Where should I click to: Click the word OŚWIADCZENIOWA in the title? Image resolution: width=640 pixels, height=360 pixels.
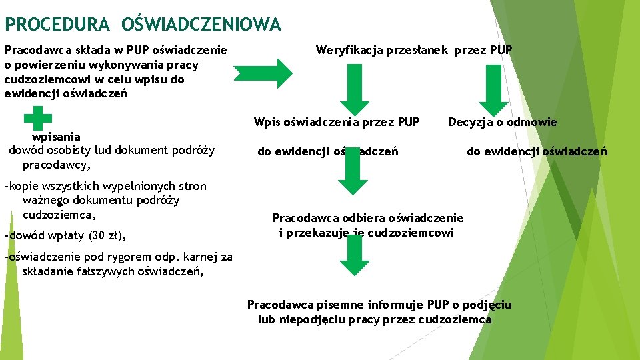click(x=201, y=25)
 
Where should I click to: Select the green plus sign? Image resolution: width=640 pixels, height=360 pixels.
click(x=37, y=120)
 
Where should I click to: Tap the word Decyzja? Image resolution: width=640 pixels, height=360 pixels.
click(x=471, y=122)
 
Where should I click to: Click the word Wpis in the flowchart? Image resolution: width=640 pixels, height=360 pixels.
click(x=267, y=122)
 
